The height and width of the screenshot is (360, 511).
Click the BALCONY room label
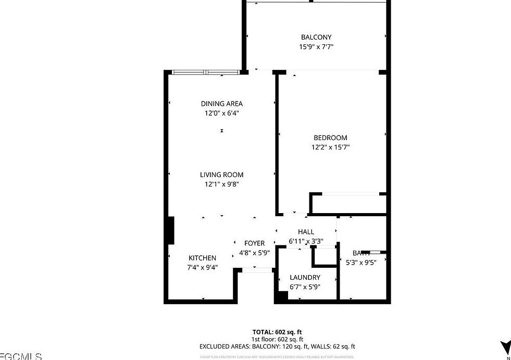(316, 37)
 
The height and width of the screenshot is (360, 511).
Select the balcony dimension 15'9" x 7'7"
(316, 47)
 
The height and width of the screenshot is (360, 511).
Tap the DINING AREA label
(222, 104)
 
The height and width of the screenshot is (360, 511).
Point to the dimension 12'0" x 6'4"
(222, 113)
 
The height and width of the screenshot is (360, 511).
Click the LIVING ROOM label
(222, 175)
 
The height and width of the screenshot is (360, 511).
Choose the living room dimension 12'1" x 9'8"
(222, 184)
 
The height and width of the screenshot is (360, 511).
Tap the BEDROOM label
(330, 138)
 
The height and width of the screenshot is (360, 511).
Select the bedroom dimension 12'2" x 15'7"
(330, 147)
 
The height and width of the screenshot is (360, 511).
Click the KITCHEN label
(202, 258)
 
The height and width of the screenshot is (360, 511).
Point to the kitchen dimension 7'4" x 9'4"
(202, 267)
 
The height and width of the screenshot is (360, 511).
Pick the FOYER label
(254, 243)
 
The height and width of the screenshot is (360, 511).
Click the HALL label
(306, 232)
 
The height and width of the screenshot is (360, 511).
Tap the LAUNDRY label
(305, 278)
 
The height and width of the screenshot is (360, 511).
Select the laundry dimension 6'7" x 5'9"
(305, 287)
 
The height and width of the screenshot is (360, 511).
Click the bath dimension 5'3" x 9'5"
(361, 262)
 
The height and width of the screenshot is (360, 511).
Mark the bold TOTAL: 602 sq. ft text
(277, 331)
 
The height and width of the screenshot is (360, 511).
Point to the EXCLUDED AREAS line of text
(277, 346)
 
